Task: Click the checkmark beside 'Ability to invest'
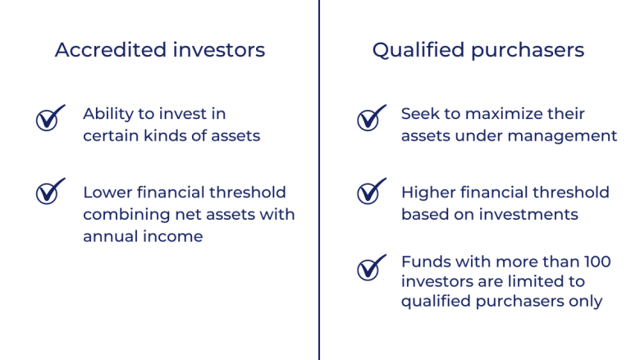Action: tap(48, 120)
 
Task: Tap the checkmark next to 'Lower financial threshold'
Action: tap(48, 193)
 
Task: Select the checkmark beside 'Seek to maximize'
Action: tap(369, 120)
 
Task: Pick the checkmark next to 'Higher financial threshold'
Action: tap(369, 193)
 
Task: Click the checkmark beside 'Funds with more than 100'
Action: tap(369, 268)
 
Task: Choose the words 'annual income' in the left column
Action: tap(144, 235)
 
